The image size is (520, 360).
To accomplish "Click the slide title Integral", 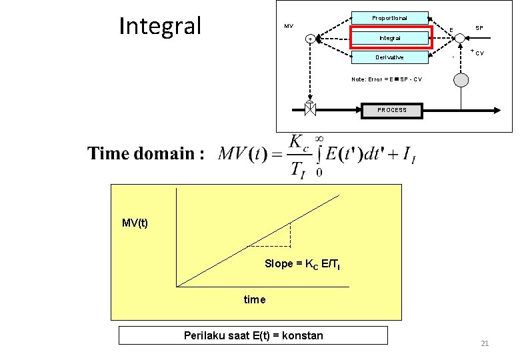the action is [x=159, y=26].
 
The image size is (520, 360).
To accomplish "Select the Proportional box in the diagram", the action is [x=389, y=18].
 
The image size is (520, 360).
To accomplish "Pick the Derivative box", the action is [x=389, y=57].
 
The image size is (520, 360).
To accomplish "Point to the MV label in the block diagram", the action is [x=288, y=26].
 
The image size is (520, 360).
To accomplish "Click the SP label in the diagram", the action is [x=479, y=28].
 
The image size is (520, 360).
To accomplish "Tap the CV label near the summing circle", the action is [x=480, y=53].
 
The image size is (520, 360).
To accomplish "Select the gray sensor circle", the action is [x=461, y=80].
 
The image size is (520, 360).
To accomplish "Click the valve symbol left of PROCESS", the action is [x=310, y=109].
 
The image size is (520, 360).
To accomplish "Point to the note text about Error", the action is [x=386, y=79].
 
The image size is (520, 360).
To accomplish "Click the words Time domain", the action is [x=143, y=154].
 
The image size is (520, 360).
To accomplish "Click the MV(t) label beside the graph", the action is [x=135, y=223].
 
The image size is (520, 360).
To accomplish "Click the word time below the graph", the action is [x=254, y=299].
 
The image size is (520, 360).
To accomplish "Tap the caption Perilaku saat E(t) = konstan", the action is [x=253, y=335].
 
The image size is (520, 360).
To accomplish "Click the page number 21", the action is [x=485, y=343].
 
